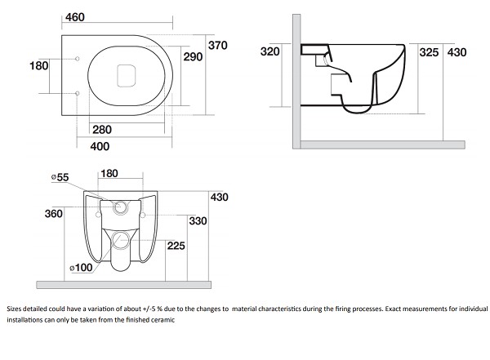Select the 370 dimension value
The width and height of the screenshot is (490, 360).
pyautogui.click(x=218, y=45)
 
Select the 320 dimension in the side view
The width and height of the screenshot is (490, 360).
pyautogui.click(x=270, y=51)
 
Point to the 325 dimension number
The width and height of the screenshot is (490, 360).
pyautogui.click(x=430, y=51)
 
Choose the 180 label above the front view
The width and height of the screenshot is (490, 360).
pyautogui.click(x=109, y=173)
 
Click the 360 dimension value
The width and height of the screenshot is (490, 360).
pyautogui.click(x=54, y=214)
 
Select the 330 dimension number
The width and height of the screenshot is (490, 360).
pyautogui.click(x=198, y=221)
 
